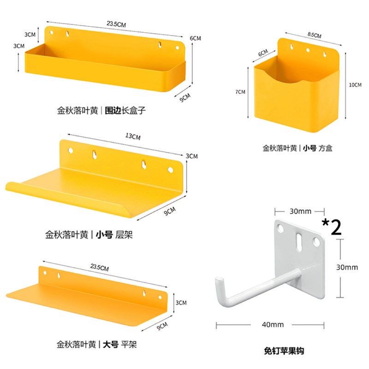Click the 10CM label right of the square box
[355, 85]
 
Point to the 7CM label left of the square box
[240, 92]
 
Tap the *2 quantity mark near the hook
[332, 228]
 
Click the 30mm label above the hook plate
[301, 211]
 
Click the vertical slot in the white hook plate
[300, 240]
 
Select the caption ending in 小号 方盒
[298, 148]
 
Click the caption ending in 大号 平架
[96, 344]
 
